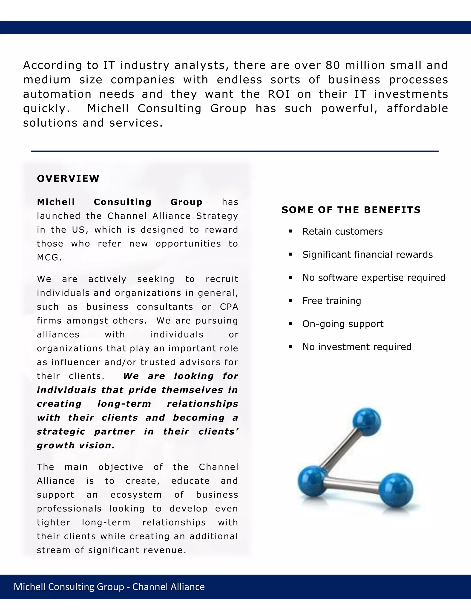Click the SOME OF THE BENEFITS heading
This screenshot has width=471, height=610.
pos(351,210)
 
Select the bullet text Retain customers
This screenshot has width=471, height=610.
pos(342,232)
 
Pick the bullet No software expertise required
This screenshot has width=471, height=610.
pos(374,278)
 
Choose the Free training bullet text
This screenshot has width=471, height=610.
pos(331,301)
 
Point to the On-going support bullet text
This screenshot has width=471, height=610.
pos(343,324)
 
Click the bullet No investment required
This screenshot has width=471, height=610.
pos(357,347)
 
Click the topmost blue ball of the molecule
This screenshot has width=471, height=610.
pos(367,422)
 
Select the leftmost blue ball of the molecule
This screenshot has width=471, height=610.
pos(312,481)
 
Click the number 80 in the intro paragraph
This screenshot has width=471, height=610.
pos(333,65)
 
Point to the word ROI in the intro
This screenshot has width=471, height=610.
pos(279,94)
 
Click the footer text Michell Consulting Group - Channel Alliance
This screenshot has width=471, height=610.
pos(109,587)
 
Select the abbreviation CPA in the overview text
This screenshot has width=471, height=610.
pos(229,307)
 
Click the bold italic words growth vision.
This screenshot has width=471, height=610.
pos(76,445)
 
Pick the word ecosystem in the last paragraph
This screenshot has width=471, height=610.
pos(136,495)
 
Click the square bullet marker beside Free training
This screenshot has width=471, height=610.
pos(291,301)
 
